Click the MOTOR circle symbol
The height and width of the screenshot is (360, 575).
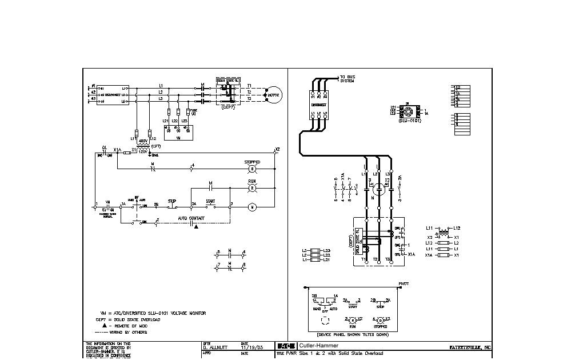(x=273, y=95)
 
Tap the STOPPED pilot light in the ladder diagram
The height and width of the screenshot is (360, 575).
(x=251, y=169)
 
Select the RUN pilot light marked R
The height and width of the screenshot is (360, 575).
(x=251, y=187)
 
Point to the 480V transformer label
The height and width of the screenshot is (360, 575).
(x=143, y=140)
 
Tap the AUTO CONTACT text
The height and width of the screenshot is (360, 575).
(x=190, y=218)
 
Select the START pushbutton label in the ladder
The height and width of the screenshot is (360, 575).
(x=210, y=201)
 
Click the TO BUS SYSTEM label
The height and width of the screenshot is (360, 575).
(x=347, y=79)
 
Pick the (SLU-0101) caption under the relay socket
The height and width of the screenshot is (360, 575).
(x=410, y=121)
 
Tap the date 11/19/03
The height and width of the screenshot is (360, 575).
(x=252, y=347)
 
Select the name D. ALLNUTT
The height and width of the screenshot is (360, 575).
(x=215, y=347)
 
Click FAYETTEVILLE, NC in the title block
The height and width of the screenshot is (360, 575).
(x=469, y=347)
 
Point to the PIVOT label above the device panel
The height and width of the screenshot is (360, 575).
(x=404, y=283)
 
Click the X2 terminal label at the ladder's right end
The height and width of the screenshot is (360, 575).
(x=278, y=150)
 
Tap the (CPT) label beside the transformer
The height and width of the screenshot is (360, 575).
(x=156, y=146)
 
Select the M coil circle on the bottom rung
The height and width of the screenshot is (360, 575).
(x=251, y=207)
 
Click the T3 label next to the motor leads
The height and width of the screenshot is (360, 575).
(x=249, y=99)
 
